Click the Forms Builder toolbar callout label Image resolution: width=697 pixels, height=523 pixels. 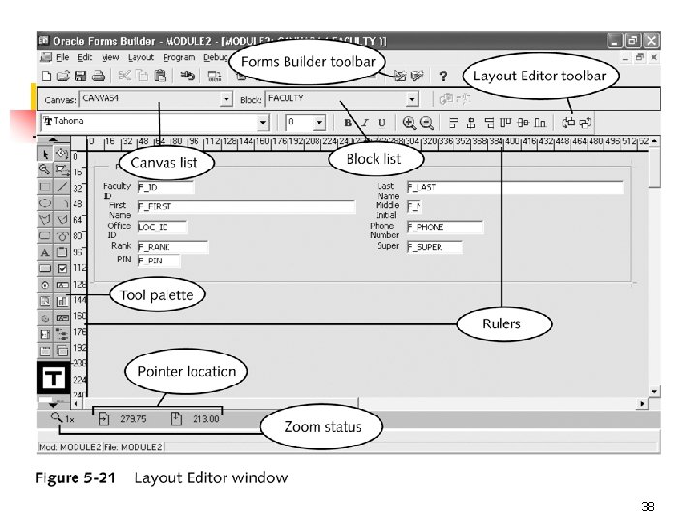click(x=308, y=62)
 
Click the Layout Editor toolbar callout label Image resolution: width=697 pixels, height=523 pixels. click(x=540, y=76)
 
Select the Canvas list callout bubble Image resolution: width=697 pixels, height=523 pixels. click(x=164, y=162)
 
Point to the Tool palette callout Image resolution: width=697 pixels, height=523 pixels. click(x=156, y=295)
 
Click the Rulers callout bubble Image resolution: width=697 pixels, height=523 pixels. click(x=501, y=323)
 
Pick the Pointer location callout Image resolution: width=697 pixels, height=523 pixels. click(x=186, y=371)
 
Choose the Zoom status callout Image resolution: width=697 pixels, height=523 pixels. click(x=322, y=426)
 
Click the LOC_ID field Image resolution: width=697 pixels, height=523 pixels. click(x=166, y=227)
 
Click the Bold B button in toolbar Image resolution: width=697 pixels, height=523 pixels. click(x=348, y=123)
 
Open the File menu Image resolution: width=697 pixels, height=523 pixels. click(x=62, y=57)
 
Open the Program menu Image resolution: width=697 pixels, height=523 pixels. click(x=178, y=57)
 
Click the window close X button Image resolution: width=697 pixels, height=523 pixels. click(x=652, y=41)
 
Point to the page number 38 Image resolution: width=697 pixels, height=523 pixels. click(x=648, y=507)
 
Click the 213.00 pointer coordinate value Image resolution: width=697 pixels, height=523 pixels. click(x=205, y=419)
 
